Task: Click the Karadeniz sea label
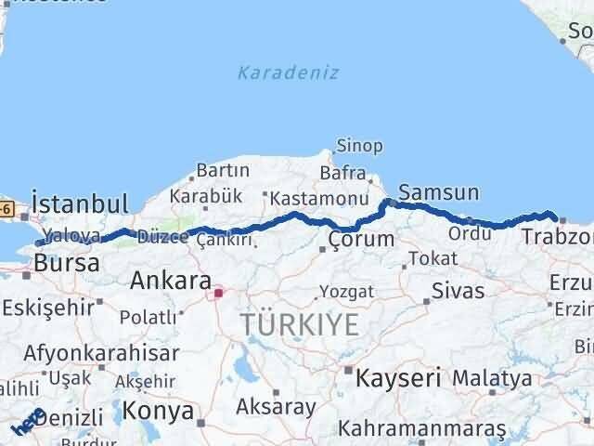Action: click(288, 72)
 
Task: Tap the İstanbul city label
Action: click(79, 203)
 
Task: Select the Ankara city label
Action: click(171, 279)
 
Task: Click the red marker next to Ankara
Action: click(218, 294)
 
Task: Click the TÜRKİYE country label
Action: click(299, 325)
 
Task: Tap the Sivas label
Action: click(458, 291)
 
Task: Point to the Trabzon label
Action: click(557, 238)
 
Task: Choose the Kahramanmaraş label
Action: click(422, 428)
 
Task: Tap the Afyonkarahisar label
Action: click(102, 353)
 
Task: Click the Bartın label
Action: click(223, 170)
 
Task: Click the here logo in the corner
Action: click(27, 423)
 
